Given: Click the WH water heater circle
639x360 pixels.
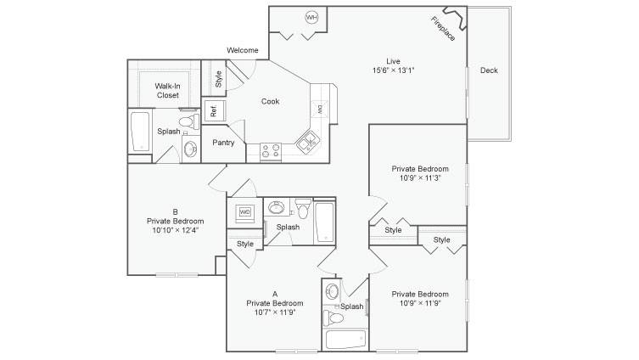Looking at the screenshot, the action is (311, 17).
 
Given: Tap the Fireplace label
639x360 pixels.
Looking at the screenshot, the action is (443, 29).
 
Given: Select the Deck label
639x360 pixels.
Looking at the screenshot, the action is (489, 70).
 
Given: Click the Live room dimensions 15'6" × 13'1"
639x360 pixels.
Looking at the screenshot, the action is (393, 70).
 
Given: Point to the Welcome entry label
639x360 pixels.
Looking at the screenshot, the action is (243, 50).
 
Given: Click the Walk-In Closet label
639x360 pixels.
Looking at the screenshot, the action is (167, 91).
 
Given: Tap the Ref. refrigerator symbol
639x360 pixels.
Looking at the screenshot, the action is (215, 110).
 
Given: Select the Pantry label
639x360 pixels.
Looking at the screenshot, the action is (223, 143).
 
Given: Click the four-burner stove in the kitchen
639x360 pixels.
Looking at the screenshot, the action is (271, 150).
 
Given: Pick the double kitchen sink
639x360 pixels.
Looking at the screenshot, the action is (308, 142).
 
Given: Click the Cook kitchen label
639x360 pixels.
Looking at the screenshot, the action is (270, 101).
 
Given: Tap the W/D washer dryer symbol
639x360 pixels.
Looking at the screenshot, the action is (245, 212).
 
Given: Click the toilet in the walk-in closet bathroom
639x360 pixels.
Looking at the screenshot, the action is (189, 121).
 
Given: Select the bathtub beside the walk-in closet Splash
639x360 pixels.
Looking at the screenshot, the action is (140, 132).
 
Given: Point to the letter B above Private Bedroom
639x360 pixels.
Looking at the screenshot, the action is (175, 212).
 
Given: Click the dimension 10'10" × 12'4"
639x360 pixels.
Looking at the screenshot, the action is (175, 230).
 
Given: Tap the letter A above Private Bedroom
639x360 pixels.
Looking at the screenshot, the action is (275, 294).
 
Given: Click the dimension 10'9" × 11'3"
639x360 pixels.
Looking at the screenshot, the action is (420, 177).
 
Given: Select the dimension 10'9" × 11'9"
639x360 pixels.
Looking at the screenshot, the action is (420, 303).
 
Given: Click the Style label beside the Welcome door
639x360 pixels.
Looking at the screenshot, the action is (218, 79).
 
